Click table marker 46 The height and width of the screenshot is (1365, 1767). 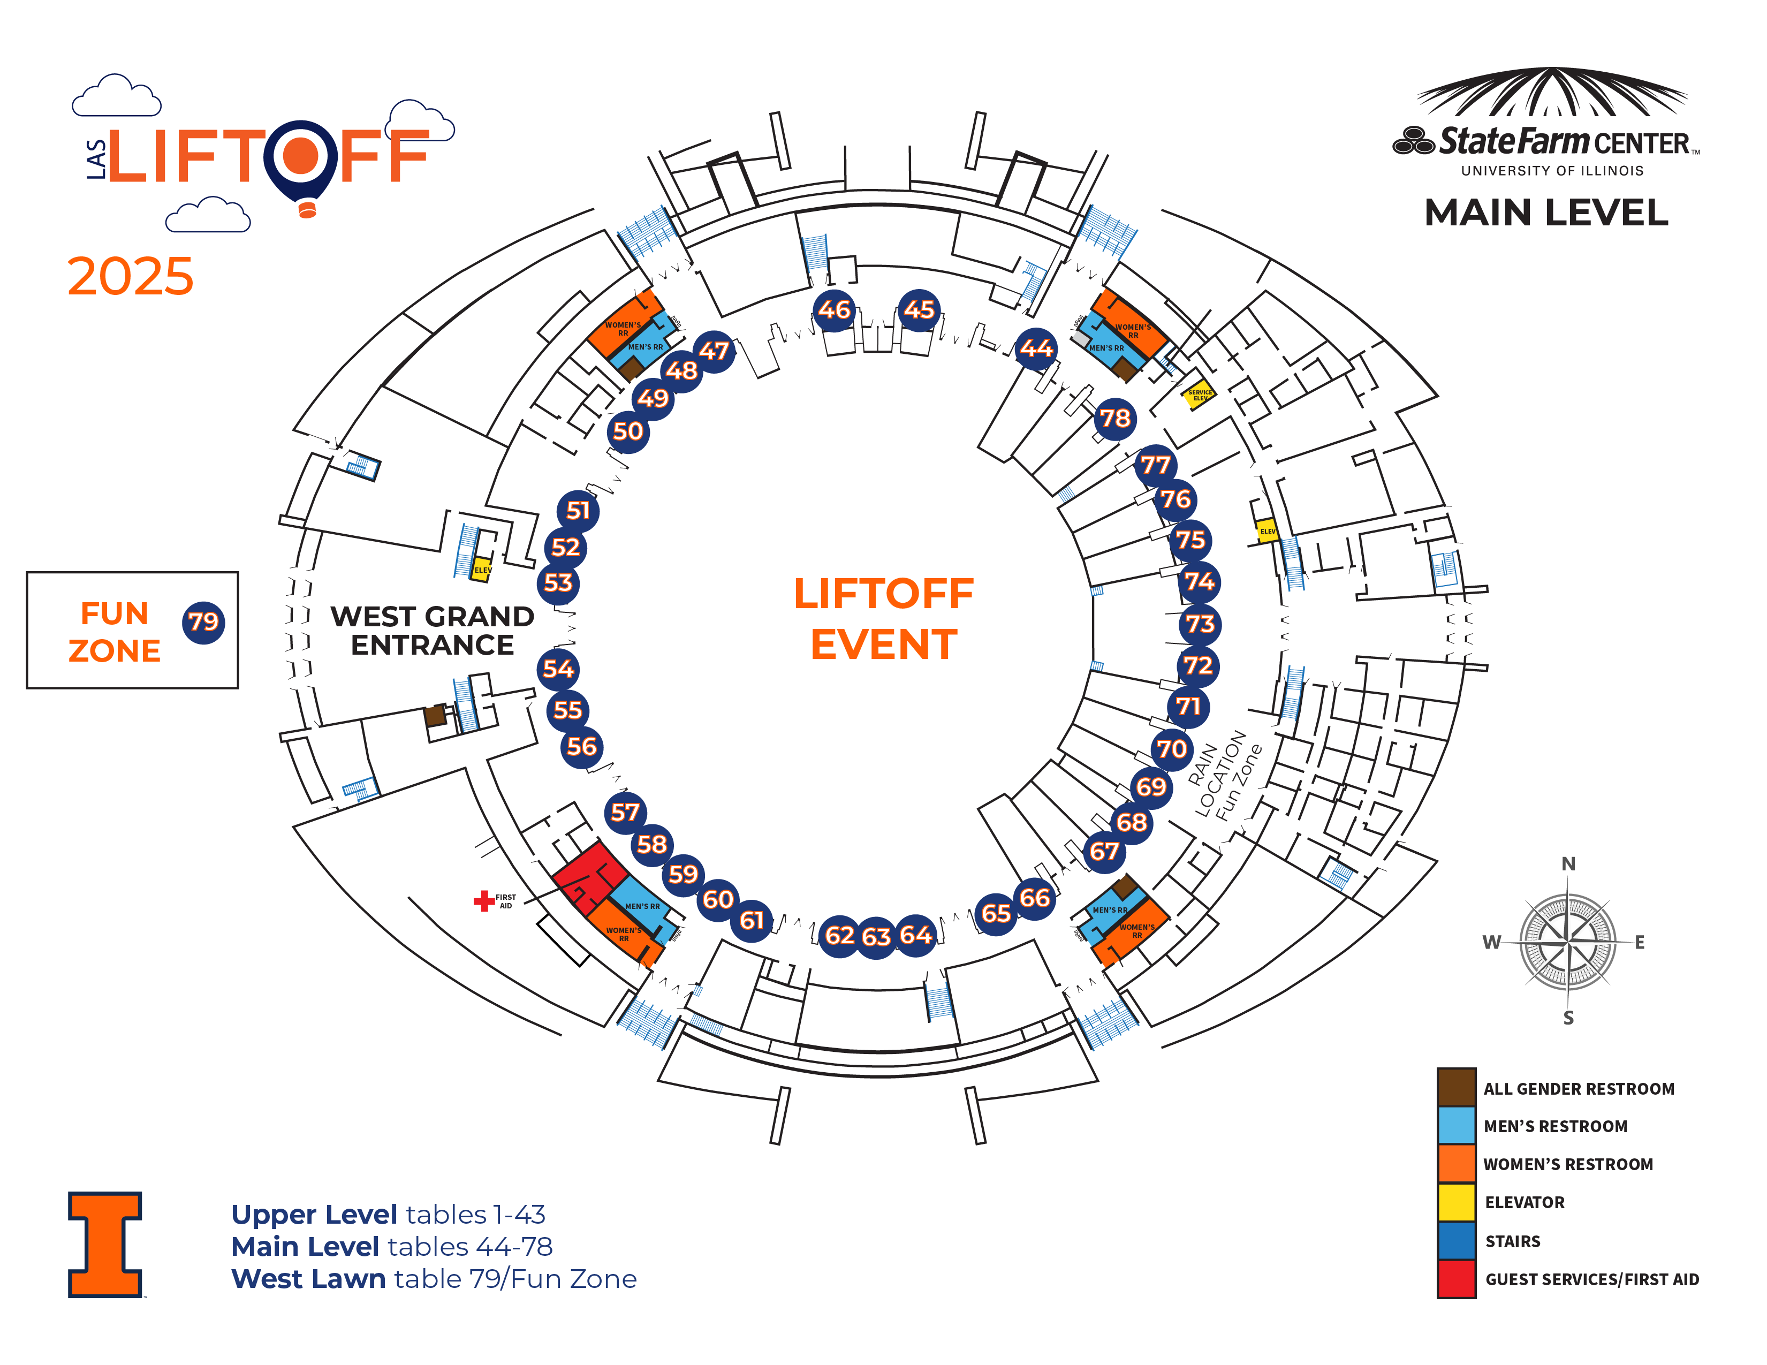[x=834, y=310]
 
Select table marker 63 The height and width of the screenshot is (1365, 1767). [x=876, y=937]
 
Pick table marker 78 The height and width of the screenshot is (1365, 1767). [x=1115, y=418]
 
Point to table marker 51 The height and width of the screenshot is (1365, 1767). [x=578, y=511]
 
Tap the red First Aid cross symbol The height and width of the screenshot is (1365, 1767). [x=484, y=900]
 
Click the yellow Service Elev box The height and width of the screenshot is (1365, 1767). [x=1198, y=395]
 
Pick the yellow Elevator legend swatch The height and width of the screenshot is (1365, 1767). [x=1455, y=1202]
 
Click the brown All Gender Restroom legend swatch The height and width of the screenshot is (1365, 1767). [x=1455, y=1088]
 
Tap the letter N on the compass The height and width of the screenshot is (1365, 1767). [x=1568, y=864]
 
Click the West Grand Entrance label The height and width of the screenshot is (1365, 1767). [x=432, y=631]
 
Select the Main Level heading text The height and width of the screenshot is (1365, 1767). [x=1546, y=213]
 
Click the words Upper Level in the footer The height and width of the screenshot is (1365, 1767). [x=314, y=1215]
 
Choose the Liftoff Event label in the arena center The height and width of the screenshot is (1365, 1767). [x=883, y=619]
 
